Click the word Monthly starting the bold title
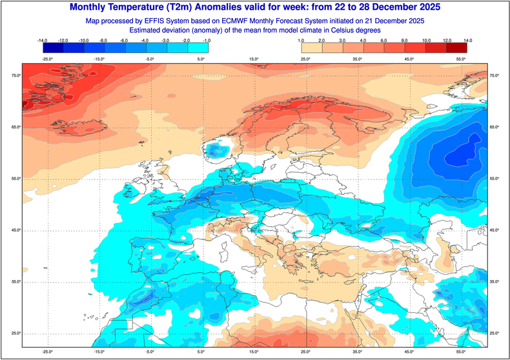click(x=92, y=8)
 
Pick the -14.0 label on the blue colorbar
click(x=44, y=41)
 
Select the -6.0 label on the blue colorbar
click(x=125, y=41)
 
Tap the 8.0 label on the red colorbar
click(x=405, y=41)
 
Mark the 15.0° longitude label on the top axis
click(x=254, y=59)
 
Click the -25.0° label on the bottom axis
click(x=47, y=352)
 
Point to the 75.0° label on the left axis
click(x=14, y=76)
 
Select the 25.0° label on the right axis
click(x=496, y=333)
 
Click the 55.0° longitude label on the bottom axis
click(x=460, y=352)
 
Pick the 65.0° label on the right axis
click(x=496, y=127)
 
